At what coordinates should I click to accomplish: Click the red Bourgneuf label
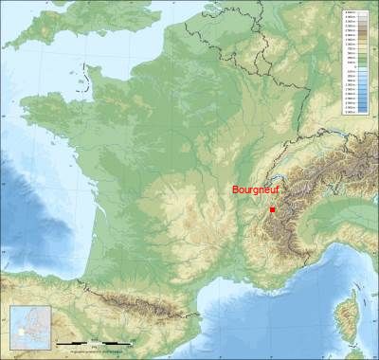[x=255, y=189]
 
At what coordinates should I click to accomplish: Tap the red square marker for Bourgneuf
[x=272, y=209]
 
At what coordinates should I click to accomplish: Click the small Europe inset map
[x=28, y=327]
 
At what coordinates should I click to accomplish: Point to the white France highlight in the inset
[x=21, y=333]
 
